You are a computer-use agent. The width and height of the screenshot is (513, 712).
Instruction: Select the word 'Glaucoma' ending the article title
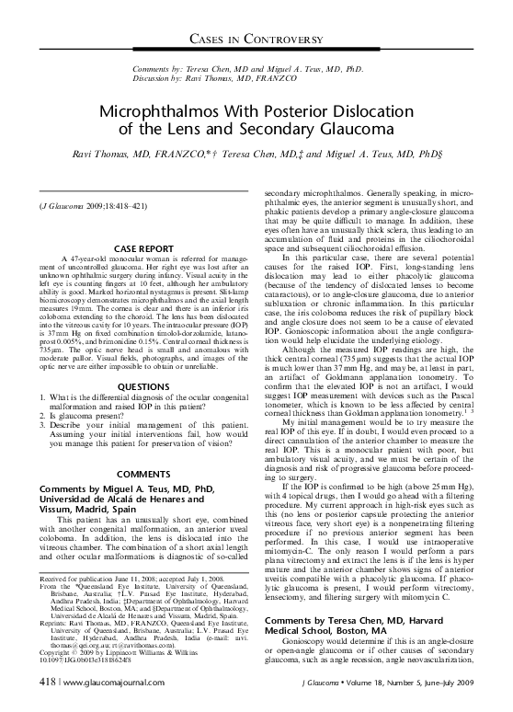coord(368,128)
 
